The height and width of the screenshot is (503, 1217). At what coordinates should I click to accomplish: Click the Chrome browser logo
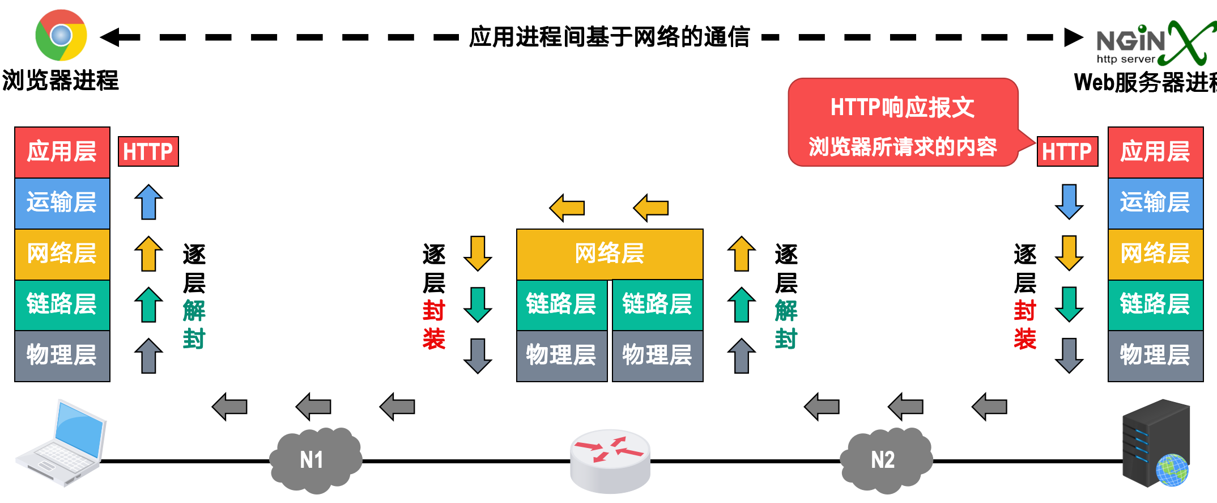[61, 35]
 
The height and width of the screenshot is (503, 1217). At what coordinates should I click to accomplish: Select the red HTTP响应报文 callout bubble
[903, 122]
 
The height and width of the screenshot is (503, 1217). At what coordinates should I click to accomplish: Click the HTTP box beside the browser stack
[148, 151]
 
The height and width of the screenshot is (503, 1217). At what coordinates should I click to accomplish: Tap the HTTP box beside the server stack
[1067, 151]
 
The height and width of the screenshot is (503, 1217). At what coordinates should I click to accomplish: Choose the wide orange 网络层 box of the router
[610, 253]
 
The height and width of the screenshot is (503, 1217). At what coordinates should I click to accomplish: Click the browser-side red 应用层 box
[62, 152]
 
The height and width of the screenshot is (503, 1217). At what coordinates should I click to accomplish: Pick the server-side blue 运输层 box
[1155, 203]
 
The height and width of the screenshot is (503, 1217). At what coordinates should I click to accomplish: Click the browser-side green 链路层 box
[62, 305]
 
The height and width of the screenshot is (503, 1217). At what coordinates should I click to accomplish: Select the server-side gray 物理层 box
[1155, 356]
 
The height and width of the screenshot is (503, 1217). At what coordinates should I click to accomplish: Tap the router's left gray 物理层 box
[561, 356]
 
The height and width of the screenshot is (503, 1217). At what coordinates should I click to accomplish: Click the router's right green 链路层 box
[657, 305]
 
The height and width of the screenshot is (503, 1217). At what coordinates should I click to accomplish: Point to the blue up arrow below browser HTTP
[148, 202]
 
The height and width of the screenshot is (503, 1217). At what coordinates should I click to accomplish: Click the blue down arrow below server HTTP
[1069, 202]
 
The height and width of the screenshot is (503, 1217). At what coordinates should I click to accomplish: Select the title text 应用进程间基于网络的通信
[610, 37]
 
